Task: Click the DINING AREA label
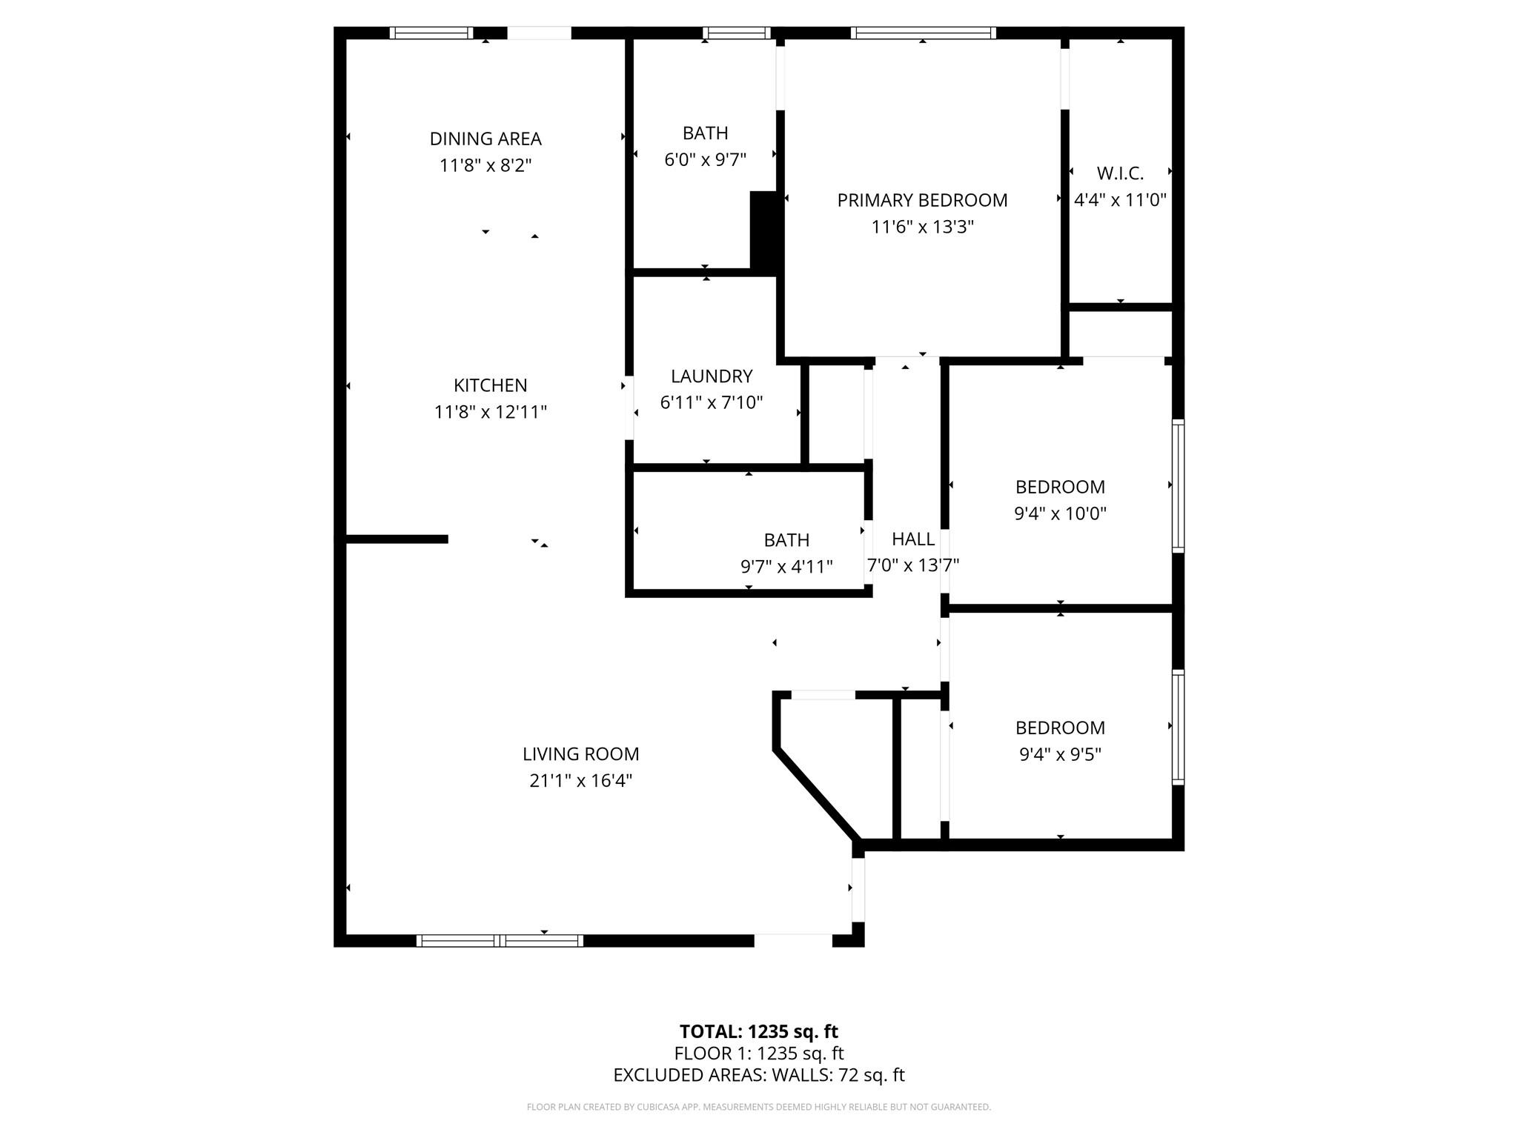[485, 139]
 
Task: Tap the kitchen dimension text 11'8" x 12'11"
[490, 412]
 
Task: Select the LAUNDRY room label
[712, 376]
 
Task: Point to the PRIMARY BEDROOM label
[922, 200]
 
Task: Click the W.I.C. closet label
[1120, 173]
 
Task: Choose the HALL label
[912, 539]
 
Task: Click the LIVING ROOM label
[580, 754]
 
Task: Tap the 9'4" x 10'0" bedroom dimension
[1060, 513]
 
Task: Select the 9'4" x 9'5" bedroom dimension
[1060, 754]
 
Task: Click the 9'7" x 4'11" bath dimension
[786, 567]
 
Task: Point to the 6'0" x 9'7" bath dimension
[705, 160]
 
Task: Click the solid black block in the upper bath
[763, 231]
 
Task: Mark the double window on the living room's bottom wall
[500, 940]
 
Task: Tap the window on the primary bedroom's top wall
[922, 33]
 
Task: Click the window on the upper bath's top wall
[736, 33]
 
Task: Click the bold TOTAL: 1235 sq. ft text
[758, 1031]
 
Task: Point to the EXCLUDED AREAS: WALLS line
[758, 1075]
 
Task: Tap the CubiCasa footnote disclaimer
[758, 1107]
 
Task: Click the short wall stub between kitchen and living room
[397, 539]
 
